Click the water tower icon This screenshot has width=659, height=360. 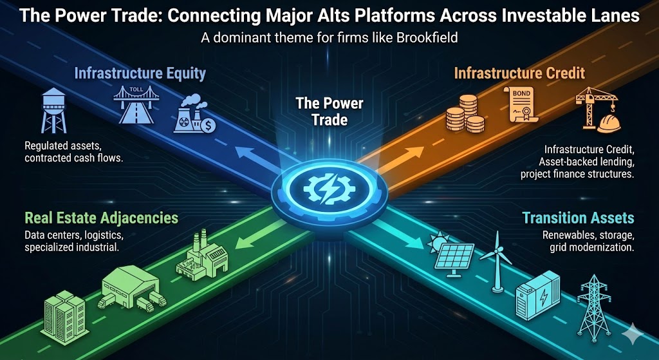(x=54, y=110)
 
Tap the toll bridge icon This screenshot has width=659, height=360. (x=136, y=105)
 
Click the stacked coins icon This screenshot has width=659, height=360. (x=465, y=113)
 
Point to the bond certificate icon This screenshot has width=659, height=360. (x=521, y=105)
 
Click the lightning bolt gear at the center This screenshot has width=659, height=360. (x=329, y=190)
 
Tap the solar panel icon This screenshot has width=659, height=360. (x=451, y=254)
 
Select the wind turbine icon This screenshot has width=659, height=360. (x=497, y=261)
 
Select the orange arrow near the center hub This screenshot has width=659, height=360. (x=401, y=160)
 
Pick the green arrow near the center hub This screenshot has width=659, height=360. (x=257, y=240)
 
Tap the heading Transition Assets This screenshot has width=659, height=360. (x=578, y=218)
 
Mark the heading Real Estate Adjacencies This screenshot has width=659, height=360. (x=101, y=218)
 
